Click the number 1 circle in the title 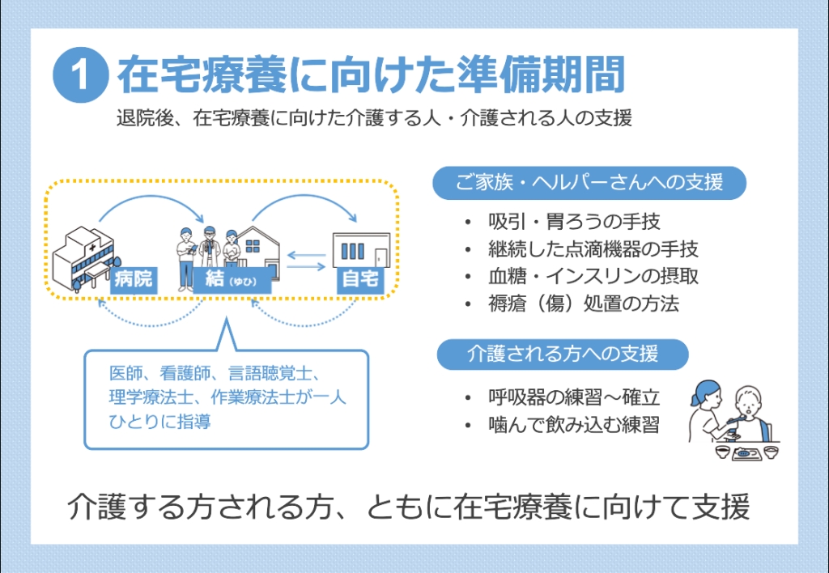[80, 75]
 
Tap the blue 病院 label [134, 279]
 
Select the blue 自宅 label [360, 279]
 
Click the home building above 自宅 [361, 249]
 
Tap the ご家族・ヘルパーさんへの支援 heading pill [589, 183]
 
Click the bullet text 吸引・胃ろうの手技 [574, 222]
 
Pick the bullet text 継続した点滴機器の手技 [593, 249]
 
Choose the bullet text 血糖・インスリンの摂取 [593, 276]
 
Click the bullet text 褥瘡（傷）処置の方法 [584, 303]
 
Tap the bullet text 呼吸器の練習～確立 [574, 397]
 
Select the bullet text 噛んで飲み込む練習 [574, 424]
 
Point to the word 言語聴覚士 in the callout [270, 374]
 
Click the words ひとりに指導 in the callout [159, 422]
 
